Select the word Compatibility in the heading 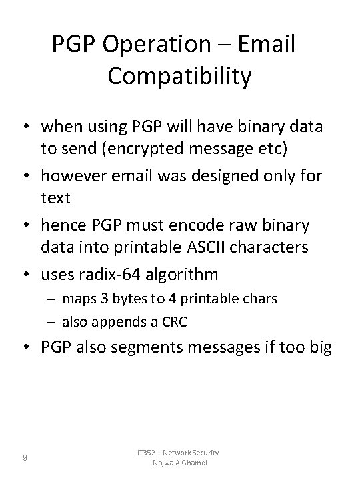179,76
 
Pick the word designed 220,177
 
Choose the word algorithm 193,274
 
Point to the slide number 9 25,457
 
